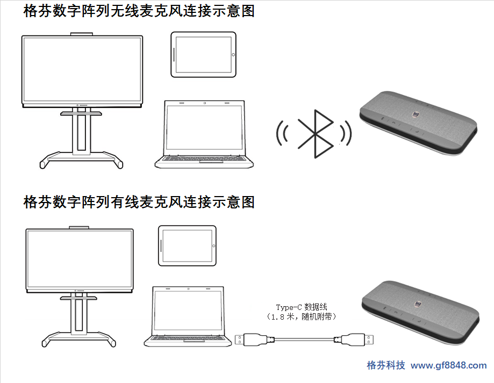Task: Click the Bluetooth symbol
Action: click(316, 134)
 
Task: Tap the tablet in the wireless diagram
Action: click(204, 54)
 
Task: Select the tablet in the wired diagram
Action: click(187, 245)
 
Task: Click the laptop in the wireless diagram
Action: click(204, 134)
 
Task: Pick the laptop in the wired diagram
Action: click(188, 316)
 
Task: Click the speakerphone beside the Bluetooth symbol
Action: click(418, 124)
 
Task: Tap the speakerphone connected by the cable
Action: click(420, 313)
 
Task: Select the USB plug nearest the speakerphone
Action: click(354, 340)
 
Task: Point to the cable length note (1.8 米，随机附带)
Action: click(302, 316)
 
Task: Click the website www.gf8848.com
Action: click(449, 365)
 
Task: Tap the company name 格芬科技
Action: click(386, 365)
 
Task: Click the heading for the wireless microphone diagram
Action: click(139, 11)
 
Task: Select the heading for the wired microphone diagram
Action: click(139, 202)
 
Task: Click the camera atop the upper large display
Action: click(82, 34)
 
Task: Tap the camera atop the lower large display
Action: click(79, 227)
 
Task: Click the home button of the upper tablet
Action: click(233, 54)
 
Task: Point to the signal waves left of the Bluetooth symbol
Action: click(282, 133)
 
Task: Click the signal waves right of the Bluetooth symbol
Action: click(346, 133)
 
